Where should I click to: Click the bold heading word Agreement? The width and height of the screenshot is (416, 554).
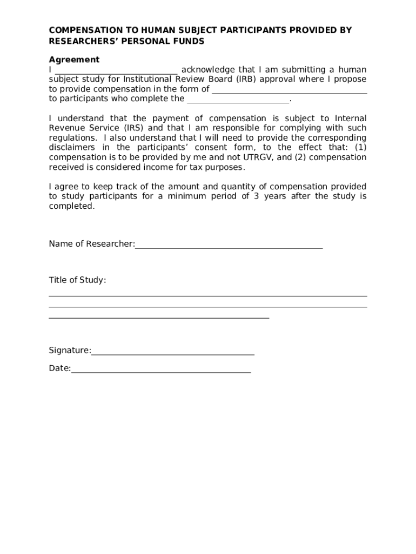coord(74,60)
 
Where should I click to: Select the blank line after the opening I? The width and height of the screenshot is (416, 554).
coord(116,70)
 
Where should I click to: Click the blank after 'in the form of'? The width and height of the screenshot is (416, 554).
coord(289,90)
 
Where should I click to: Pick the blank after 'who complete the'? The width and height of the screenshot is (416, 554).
coord(238,100)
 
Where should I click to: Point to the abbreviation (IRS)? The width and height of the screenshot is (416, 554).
coord(133,128)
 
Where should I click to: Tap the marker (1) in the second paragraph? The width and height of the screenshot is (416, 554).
coord(360,148)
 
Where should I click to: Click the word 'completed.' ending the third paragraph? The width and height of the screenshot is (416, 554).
coord(71,206)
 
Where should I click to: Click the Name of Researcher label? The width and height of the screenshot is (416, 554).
coord(91,244)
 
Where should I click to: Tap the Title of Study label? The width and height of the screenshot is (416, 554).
coord(77,280)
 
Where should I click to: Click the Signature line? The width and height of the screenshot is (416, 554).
coord(173,354)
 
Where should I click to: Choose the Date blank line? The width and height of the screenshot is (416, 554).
coord(161,372)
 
